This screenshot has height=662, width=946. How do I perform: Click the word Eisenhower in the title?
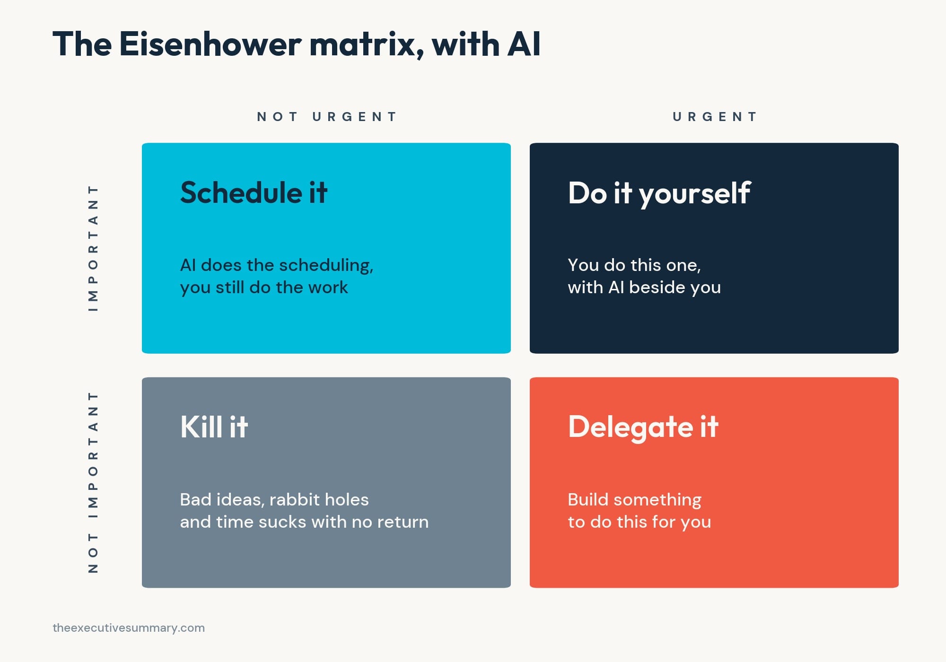point(210,44)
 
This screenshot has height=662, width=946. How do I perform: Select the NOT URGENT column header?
point(326,117)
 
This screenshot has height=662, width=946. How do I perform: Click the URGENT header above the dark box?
point(714,117)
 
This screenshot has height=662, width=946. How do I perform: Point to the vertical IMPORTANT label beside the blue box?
point(93,248)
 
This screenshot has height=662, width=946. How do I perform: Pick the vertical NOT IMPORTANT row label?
point(93,482)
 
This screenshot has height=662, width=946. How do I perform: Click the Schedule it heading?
point(254,192)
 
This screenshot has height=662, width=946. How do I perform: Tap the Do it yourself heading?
point(659,193)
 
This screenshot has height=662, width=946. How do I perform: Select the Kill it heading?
point(214,427)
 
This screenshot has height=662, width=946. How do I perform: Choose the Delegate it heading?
point(643,427)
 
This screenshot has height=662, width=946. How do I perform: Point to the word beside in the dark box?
point(656,287)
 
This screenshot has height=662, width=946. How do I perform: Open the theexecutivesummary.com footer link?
point(129,628)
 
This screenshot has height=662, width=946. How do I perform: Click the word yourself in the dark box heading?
point(694,193)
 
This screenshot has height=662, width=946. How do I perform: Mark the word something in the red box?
point(657,500)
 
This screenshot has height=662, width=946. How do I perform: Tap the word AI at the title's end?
point(524,44)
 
